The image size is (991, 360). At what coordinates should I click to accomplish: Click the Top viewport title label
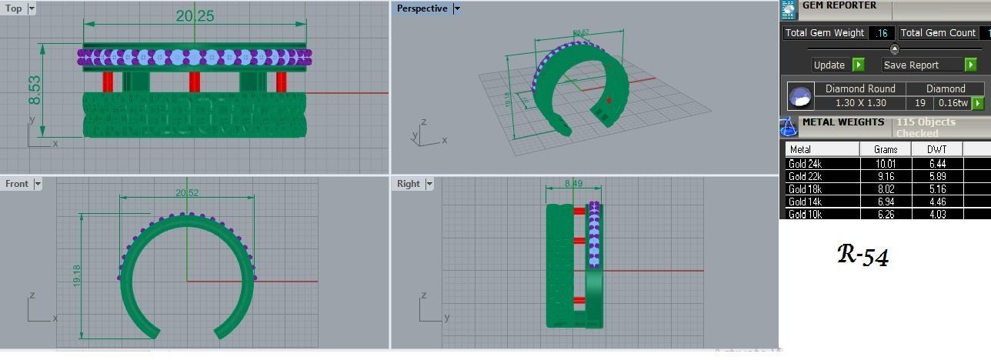point(14,8)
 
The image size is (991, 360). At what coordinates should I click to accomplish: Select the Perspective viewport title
point(422,8)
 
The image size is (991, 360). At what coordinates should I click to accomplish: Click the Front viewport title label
point(17,183)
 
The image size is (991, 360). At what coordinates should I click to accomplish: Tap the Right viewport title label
point(409,183)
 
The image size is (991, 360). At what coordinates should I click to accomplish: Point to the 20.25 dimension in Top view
point(195,16)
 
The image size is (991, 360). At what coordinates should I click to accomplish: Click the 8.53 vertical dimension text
point(35,90)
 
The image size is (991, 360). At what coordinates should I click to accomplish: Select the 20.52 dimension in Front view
point(187,192)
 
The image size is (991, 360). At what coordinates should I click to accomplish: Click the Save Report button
point(922,65)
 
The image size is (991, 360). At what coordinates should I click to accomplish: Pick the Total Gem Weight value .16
point(882,32)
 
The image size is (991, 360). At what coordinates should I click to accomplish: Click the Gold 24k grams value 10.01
point(886,163)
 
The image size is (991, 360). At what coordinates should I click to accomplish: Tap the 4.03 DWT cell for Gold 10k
point(936,215)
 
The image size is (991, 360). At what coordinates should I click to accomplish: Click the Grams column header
point(886,149)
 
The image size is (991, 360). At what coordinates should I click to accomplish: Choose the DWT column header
point(936,149)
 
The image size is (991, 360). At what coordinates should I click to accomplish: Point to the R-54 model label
point(863,255)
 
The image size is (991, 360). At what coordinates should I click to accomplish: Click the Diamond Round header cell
point(860,88)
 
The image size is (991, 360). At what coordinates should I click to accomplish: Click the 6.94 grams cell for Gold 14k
point(886,202)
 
